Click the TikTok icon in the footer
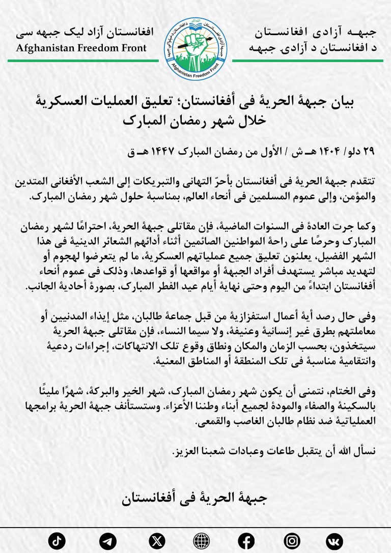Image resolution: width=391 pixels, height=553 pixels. click(57, 540)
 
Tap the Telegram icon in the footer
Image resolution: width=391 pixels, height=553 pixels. click(107, 540)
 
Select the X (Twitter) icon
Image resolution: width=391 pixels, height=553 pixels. click(157, 540)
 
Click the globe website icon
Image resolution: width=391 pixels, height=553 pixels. click(202, 540)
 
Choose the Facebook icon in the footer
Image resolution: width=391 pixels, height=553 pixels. click(246, 540)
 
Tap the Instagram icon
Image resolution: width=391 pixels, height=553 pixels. click(292, 540)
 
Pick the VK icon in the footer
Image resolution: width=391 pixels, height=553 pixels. click(335, 540)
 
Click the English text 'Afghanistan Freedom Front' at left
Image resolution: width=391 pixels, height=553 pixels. click(81, 49)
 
